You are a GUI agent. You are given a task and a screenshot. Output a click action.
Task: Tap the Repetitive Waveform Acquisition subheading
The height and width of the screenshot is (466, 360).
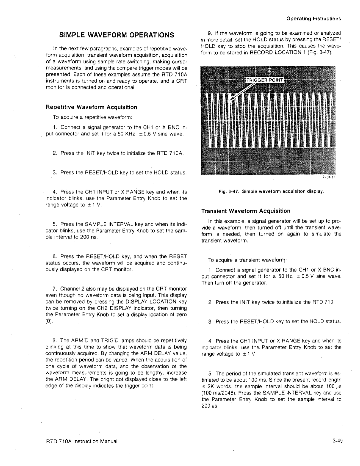(x=91, y=107)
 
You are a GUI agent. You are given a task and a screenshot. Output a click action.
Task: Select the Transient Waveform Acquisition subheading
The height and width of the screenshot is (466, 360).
(x=246, y=211)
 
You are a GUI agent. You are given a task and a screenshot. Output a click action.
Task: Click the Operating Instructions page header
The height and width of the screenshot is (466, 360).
(x=313, y=19)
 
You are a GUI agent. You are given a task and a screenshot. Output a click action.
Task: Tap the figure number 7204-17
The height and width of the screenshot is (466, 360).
(x=329, y=177)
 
